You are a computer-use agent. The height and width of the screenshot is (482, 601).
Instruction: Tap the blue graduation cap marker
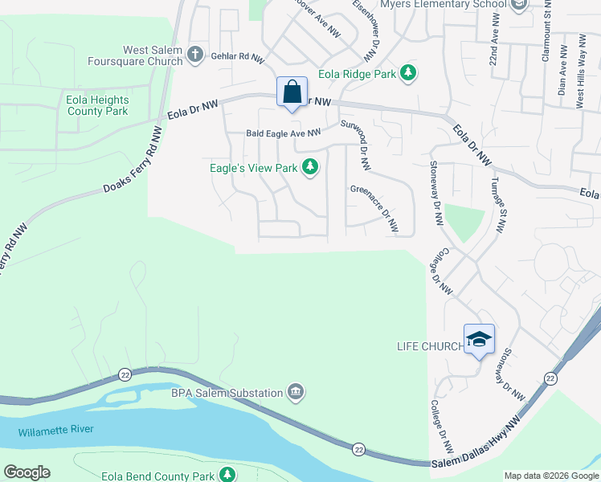pos(479,339)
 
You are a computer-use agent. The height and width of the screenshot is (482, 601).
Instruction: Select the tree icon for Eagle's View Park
pos(310,168)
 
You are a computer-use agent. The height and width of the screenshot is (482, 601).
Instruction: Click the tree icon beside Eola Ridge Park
pos(409,74)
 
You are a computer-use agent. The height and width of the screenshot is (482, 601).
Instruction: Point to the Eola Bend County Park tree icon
pos(227,475)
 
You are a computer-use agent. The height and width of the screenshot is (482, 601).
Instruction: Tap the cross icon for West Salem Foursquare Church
pos(194,55)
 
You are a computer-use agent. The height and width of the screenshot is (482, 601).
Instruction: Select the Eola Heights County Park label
pos(97,106)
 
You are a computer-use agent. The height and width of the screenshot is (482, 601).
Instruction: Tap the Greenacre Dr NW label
pos(374,210)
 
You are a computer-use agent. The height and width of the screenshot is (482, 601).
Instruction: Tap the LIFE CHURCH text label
pos(430,346)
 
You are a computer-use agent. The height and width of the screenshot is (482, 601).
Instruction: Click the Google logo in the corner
pos(27,472)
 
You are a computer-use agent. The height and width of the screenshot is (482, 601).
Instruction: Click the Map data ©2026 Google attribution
pos(551,476)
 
